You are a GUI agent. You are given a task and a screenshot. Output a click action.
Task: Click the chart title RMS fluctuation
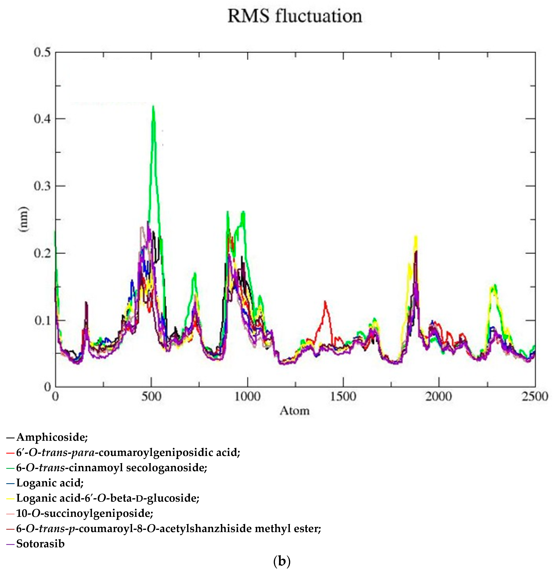pos(295,16)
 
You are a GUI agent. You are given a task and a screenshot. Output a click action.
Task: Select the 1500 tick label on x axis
pos(343,397)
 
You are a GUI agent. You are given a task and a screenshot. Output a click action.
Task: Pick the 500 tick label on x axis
pos(151,397)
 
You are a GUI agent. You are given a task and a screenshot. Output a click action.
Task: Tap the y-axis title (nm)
pos(23,219)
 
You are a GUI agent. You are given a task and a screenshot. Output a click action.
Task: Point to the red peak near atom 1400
pos(325,301)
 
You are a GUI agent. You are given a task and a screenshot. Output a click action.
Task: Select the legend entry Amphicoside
pos(52,437)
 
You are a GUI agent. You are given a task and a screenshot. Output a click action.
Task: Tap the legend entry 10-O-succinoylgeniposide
pos(84,513)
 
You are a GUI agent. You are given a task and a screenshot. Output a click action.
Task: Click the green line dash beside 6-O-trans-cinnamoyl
pos(10,468)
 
